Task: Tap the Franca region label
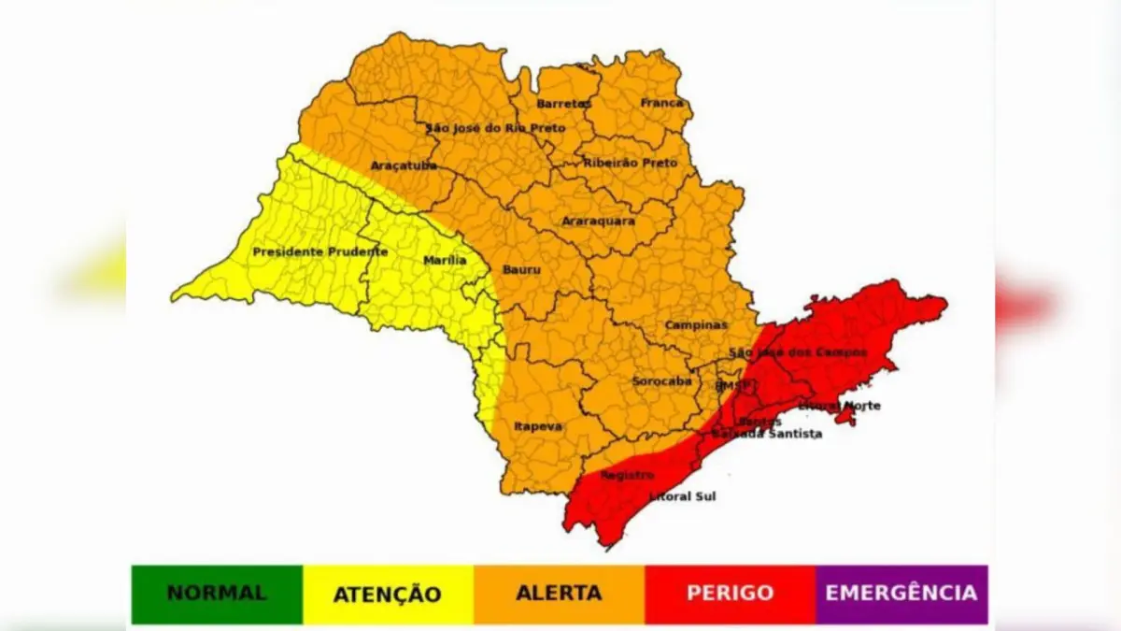pyautogui.click(x=662, y=103)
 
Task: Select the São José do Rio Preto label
pyautogui.click(x=495, y=127)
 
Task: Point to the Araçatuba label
pyautogui.click(x=404, y=165)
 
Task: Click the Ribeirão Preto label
pyautogui.click(x=630, y=163)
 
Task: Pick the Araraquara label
pyautogui.click(x=598, y=221)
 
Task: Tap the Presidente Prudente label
pyautogui.click(x=319, y=252)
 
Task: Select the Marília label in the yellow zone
pyautogui.click(x=445, y=260)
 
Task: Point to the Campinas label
pyautogui.click(x=696, y=325)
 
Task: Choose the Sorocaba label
pyautogui.click(x=661, y=381)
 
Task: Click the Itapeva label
pyautogui.click(x=538, y=426)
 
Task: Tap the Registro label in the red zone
pyautogui.click(x=627, y=475)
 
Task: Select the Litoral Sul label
pyautogui.click(x=682, y=496)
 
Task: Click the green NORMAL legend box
pyautogui.click(x=217, y=594)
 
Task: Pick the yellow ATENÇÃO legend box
pyautogui.click(x=388, y=594)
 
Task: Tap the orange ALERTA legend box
pyautogui.click(x=559, y=594)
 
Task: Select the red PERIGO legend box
pyautogui.click(x=730, y=594)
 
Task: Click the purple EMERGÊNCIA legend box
pyautogui.click(x=901, y=594)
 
